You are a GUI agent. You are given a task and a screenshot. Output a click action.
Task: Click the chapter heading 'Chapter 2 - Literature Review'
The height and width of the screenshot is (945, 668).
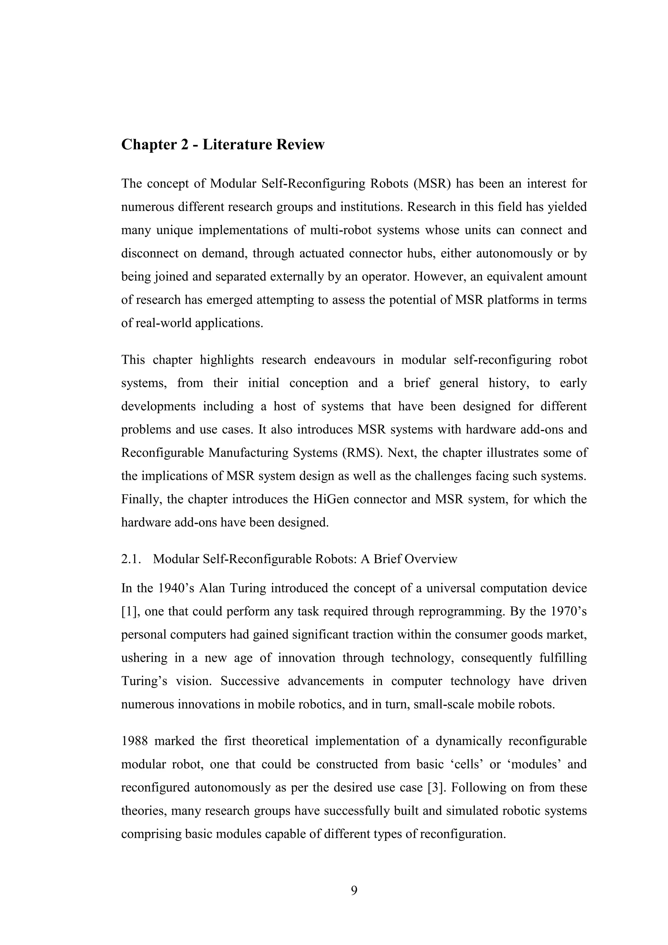click(222, 145)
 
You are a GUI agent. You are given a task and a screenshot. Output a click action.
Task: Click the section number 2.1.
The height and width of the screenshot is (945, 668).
click(132, 559)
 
